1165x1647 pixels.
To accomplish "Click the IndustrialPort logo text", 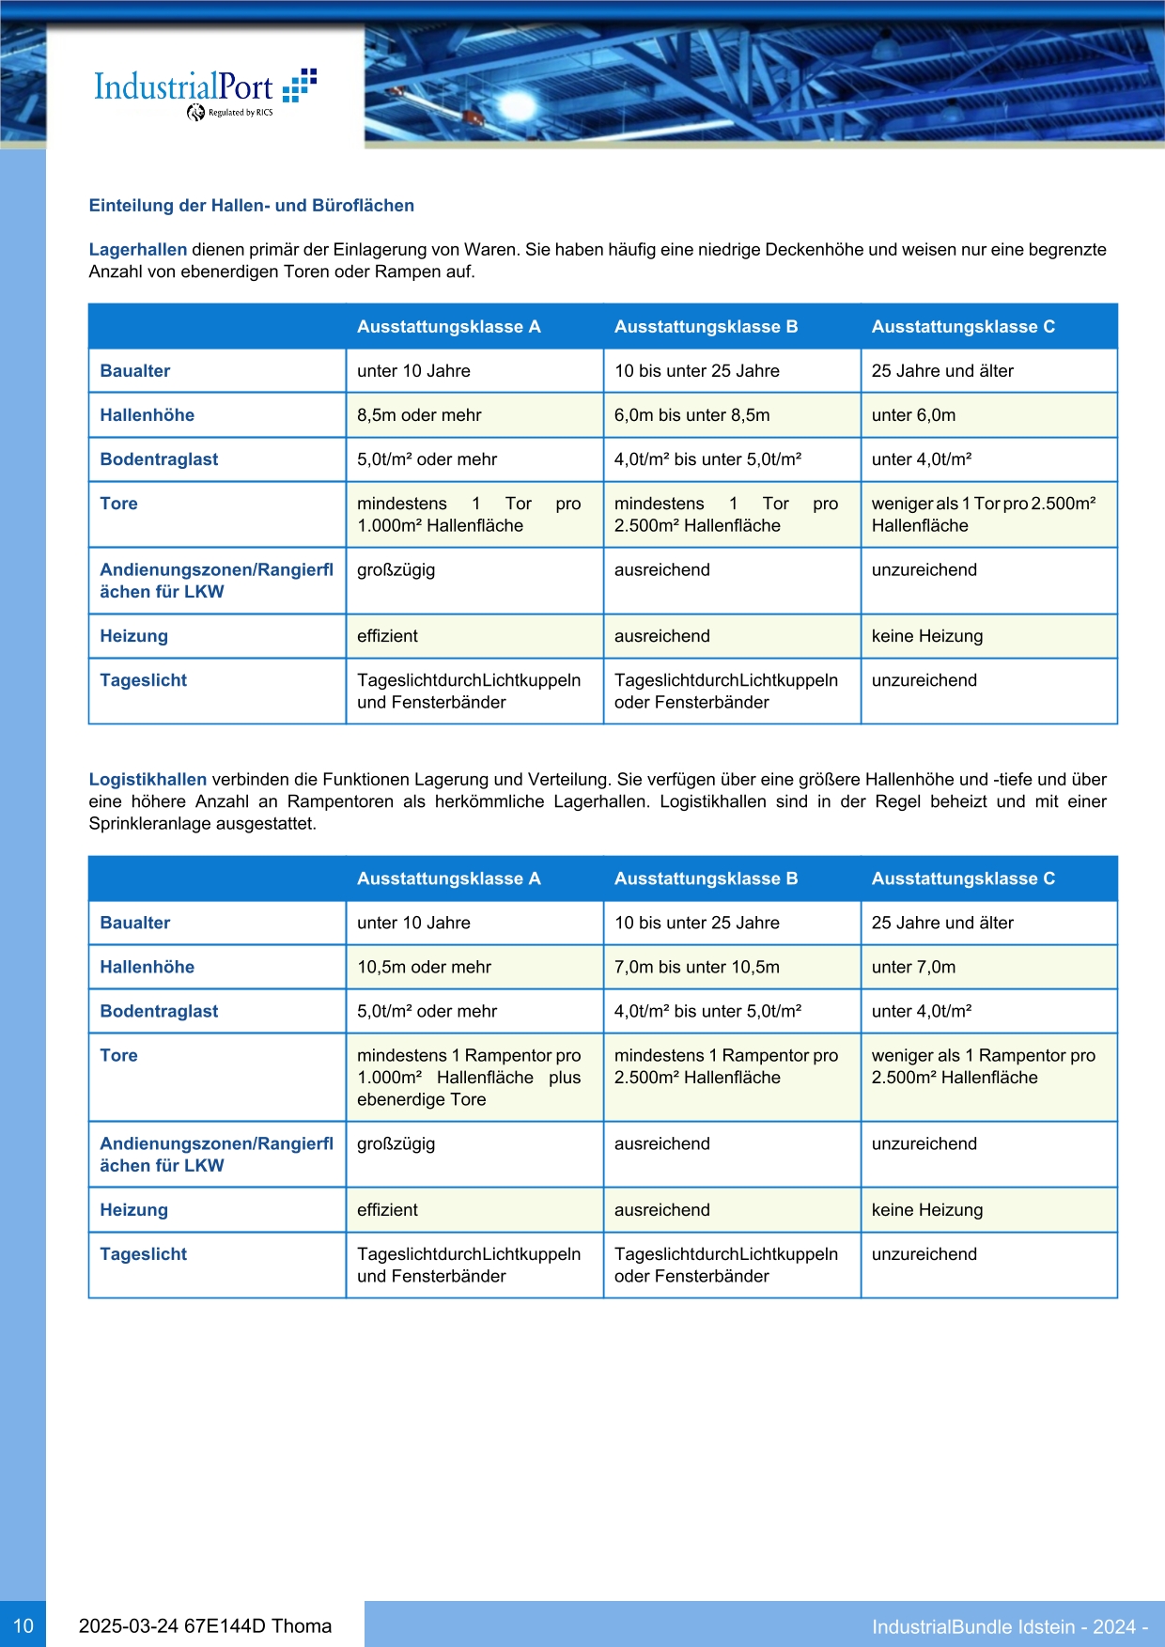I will pyautogui.click(x=184, y=87).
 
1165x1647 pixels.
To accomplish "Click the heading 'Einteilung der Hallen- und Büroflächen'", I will pyautogui.click(x=251, y=206).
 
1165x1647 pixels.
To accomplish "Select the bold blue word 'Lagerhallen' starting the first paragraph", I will pyautogui.click(x=138, y=250).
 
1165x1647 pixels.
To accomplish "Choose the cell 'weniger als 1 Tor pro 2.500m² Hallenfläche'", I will pyautogui.click(x=983, y=515).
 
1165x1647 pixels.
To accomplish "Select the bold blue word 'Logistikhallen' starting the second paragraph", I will pyautogui.click(x=148, y=780).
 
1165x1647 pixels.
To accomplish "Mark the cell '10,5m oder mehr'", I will pyautogui.click(x=424, y=968).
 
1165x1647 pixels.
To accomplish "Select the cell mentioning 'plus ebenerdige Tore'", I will pyautogui.click(x=469, y=1078).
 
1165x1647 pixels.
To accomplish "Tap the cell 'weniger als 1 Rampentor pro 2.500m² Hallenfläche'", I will pyautogui.click(x=983, y=1066).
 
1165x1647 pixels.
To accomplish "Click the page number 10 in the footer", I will pyautogui.click(x=23, y=1626).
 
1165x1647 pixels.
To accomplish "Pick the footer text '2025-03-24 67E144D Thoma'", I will pyautogui.click(x=205, y=1626).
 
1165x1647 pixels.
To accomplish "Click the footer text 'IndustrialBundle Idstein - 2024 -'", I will pyautogui.click(x=1009, y=1627).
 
